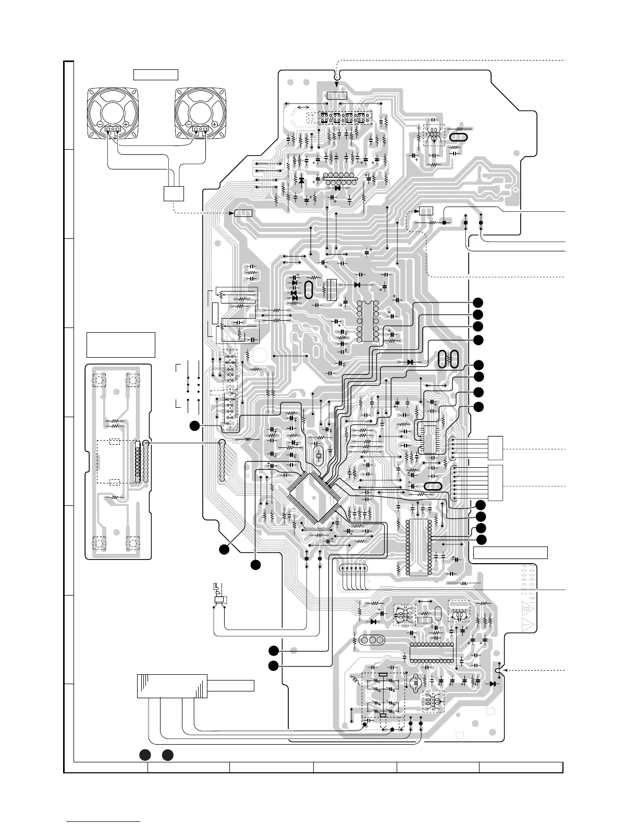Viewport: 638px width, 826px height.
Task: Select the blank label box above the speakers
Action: [156, 75]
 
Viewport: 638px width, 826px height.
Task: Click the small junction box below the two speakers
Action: [174, 193]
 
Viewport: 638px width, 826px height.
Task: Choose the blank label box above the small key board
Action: [121, 344]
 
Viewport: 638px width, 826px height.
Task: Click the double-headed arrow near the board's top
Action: [302, 107]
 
